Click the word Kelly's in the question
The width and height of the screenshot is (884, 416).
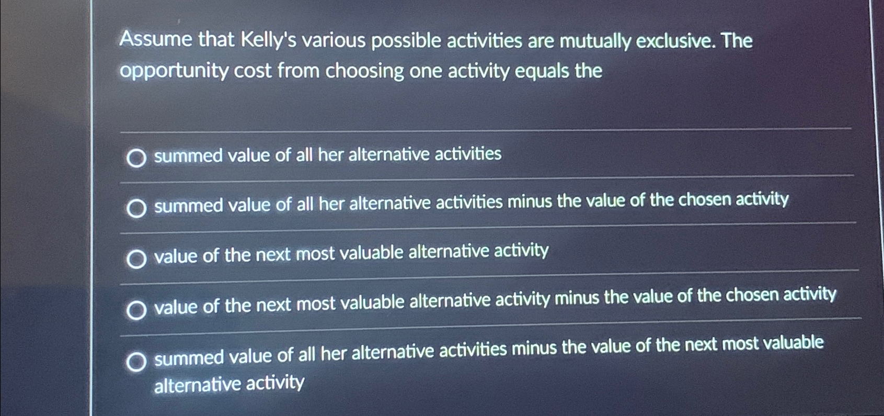[x=268, y=40]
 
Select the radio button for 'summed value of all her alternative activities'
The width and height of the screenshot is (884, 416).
[x=136, y=158]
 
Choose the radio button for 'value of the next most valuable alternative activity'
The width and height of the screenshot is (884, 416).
[x=136, y=258]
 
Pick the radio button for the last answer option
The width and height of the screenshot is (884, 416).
[x=136, y=361]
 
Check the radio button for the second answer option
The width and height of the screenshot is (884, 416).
[x=136, y=208]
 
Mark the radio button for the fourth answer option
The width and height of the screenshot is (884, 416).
[x=136, y=310]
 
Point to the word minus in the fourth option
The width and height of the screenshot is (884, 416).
[x=577, y=298]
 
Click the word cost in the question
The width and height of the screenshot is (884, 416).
[x=252, y=71]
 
